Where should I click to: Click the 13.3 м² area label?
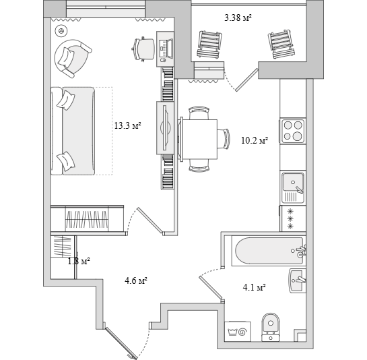127,125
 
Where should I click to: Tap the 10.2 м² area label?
255,140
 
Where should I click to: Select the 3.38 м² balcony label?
238,18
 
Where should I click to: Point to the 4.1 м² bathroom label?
254,287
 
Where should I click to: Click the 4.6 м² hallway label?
136,280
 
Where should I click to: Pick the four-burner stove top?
292,131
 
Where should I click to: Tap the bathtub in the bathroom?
269,251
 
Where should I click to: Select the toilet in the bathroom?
271,327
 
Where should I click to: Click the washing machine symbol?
237,332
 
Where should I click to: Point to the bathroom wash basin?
297,280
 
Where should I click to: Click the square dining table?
199,140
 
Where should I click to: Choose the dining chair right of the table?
224,138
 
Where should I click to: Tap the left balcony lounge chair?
209,44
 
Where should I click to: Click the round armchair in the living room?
73,59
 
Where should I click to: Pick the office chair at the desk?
143,49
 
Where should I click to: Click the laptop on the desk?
166,49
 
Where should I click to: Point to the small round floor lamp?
61,31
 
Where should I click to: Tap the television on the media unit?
166,127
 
